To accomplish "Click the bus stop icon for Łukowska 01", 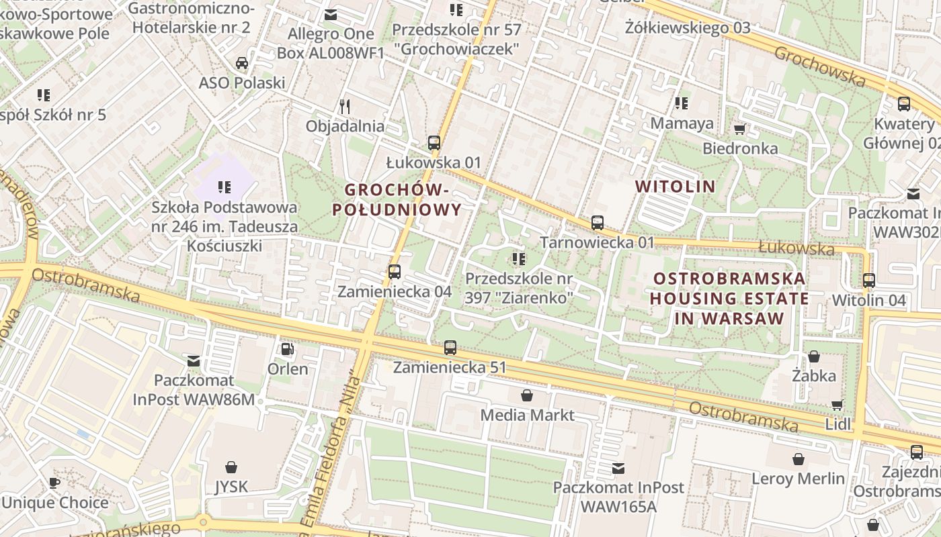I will tap(434, 142).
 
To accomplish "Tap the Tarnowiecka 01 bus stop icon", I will tap(598, 223).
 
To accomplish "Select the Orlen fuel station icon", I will tap(287, 349).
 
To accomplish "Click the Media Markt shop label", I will tap(527, 415).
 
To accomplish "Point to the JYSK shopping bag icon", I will tap(231, 467).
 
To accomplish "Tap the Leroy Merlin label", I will tap(798, 479).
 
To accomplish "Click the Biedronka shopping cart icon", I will tap(740, 129).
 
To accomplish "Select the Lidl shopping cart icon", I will tap(837, 405).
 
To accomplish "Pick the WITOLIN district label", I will tap(675, 186).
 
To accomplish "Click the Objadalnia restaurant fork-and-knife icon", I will tap(345, 106).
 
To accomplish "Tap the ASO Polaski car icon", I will tap(242, 63).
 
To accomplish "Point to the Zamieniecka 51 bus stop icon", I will tap(450, 348).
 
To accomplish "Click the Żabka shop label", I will tap(813, 375).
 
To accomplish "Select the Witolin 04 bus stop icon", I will tap(869, 281).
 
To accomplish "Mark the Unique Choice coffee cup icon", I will tap(54, 483).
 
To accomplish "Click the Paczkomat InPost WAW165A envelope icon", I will tap(618, 468).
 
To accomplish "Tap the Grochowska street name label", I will tap(819, 66).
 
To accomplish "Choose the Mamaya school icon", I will tap(681, 103).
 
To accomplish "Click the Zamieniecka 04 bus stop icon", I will tap(395, 272).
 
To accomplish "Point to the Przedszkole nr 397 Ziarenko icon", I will tap(518, 258).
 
